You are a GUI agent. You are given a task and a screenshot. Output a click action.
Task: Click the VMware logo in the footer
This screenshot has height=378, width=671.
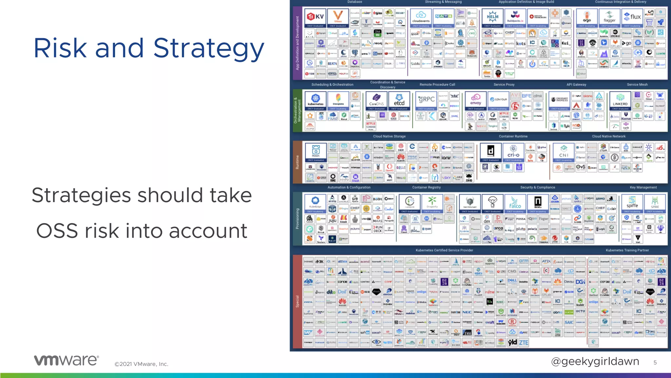pos(66,360)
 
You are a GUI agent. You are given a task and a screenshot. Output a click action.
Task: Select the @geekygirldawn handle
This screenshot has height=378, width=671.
pos(595,361)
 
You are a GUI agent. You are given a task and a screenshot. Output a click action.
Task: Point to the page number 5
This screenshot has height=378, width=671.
pos(655,363)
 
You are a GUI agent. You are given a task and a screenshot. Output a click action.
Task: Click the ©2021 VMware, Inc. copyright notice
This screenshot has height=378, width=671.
pos(141,364)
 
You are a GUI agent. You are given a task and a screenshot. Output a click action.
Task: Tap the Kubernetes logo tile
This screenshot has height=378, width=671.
pos(316,101)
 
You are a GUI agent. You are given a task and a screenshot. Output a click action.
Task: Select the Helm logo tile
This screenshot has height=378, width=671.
pos(492,18)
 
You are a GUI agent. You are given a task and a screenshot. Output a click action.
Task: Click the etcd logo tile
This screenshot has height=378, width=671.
pos(399,101)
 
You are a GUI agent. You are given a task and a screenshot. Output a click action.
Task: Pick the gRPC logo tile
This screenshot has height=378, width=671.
pos(426,101)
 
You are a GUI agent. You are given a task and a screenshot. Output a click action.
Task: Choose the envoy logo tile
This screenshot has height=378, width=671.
pos(475,101)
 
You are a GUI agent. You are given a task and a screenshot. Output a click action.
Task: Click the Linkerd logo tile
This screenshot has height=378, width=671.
pos(620,101)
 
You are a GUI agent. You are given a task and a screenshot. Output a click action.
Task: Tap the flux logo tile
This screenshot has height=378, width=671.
pos(632,18)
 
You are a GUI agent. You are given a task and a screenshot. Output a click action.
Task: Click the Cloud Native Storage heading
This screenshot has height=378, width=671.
pos(389,136)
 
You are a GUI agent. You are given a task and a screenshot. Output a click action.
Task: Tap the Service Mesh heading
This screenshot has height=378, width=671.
pos(637,85)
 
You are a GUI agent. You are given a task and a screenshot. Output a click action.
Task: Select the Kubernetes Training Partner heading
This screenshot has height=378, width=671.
pos(627,250)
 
